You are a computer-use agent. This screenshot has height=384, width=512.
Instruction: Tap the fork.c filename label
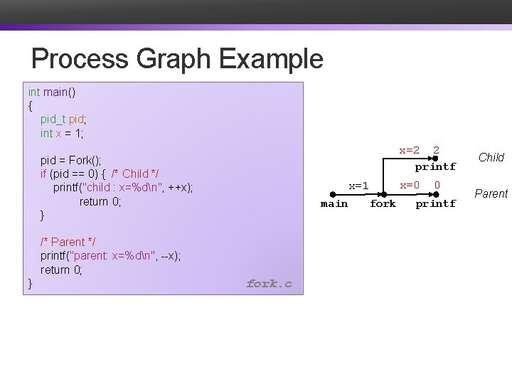click(x=269, y=284)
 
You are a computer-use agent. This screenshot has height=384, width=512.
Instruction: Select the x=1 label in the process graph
click(x=358, y=186)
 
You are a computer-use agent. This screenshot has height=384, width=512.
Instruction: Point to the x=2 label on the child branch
click(x=409, y=150)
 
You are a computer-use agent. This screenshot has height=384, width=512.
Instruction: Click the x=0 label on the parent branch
click(x=409, y=185)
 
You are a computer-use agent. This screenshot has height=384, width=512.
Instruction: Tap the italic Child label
click(x=491, y=157)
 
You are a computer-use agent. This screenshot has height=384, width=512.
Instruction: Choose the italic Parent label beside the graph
click(x=491, y=193)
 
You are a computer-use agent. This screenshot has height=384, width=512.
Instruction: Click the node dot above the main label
click(x=334, y=193)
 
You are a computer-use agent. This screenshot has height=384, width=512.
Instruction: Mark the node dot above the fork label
click(x=383, y=193)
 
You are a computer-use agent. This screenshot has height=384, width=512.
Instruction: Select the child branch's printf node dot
click(x=435, y=158)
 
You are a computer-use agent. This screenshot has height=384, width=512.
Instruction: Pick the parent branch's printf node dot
click(x=435, y=193)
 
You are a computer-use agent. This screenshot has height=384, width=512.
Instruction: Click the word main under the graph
click(x=334, y=204)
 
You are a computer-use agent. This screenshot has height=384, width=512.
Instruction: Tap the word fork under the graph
click(x=383, y=204)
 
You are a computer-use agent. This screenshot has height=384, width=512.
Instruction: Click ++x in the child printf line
click(x=179, y=187)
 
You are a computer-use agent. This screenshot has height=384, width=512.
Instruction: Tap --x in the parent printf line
click(x=169, y=256)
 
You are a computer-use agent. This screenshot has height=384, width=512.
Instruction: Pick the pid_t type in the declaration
click(x=53, y=119)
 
